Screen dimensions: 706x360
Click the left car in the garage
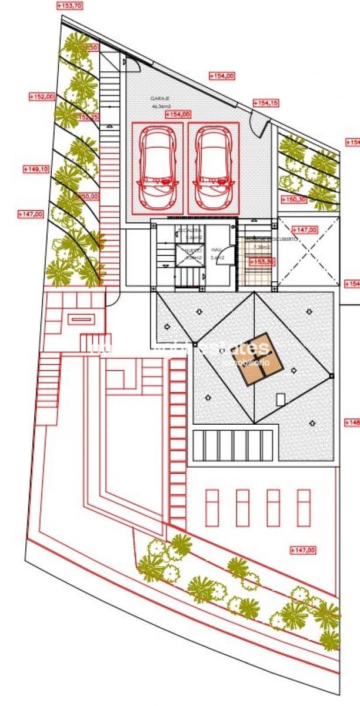(x=157, y=169)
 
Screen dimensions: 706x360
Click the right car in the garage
(x=214, y=169)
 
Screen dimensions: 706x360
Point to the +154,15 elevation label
(x=266, y=103)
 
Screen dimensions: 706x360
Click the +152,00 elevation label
(x=42, y=96)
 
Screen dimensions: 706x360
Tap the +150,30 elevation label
(x=293, y=199)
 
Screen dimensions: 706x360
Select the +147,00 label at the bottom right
(x=304, y=550)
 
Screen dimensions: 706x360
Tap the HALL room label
(x=218, y=249)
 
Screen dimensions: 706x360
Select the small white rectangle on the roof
(x=281, y=399)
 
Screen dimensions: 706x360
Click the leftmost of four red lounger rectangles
(x=212, y=508)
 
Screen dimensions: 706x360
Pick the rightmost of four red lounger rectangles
(x=304, y=508)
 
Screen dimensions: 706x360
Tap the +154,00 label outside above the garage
(x=222, y=76)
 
